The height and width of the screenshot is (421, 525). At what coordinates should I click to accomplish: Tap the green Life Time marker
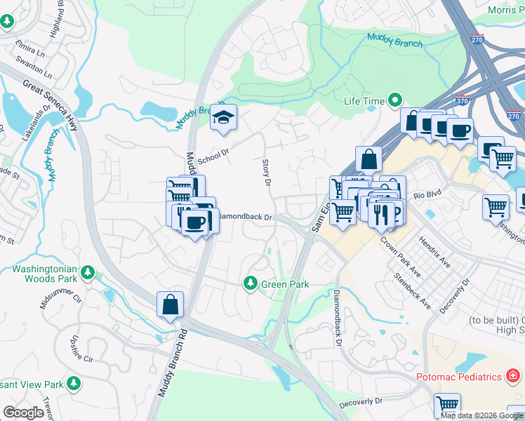pyautogui.click(x=394, y=101)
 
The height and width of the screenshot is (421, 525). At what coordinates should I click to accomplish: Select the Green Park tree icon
pyautogui.click(x=250, y=283)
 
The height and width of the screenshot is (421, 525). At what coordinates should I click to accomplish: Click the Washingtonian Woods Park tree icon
pyautogui.click(x=88, y=272)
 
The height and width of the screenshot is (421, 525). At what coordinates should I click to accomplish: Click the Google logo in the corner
pyautogui.click(x=23, y=413)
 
